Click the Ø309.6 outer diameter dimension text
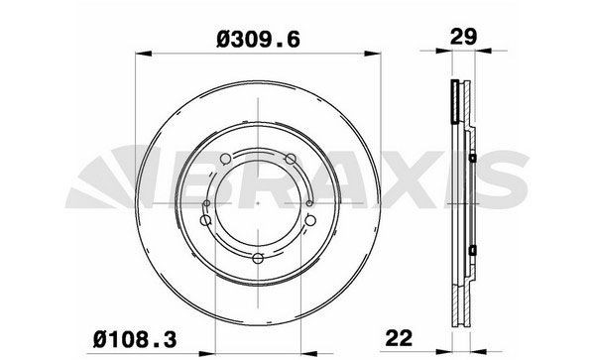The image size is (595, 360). (x=258, y=40)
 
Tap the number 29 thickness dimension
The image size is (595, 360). (x=463, y=37)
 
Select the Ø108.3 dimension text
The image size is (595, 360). (x=135, y=339)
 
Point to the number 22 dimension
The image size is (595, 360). (x=399, y=338)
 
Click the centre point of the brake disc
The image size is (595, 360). (x=258, y=203)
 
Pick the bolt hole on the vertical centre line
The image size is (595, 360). (x=258, y=259)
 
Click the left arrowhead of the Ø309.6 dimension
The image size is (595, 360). (x=144, y=54)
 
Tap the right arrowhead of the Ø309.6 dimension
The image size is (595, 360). (x=373, y=54)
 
